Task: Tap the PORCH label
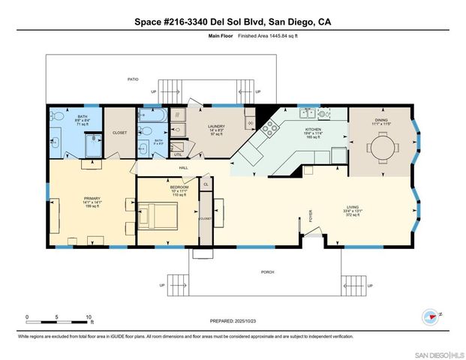coord(268,271)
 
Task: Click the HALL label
coord(183,167)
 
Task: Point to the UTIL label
coord(177,153)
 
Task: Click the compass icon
coord(430,316)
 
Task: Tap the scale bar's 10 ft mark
coord(91,317)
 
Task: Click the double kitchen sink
coord(308,114)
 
